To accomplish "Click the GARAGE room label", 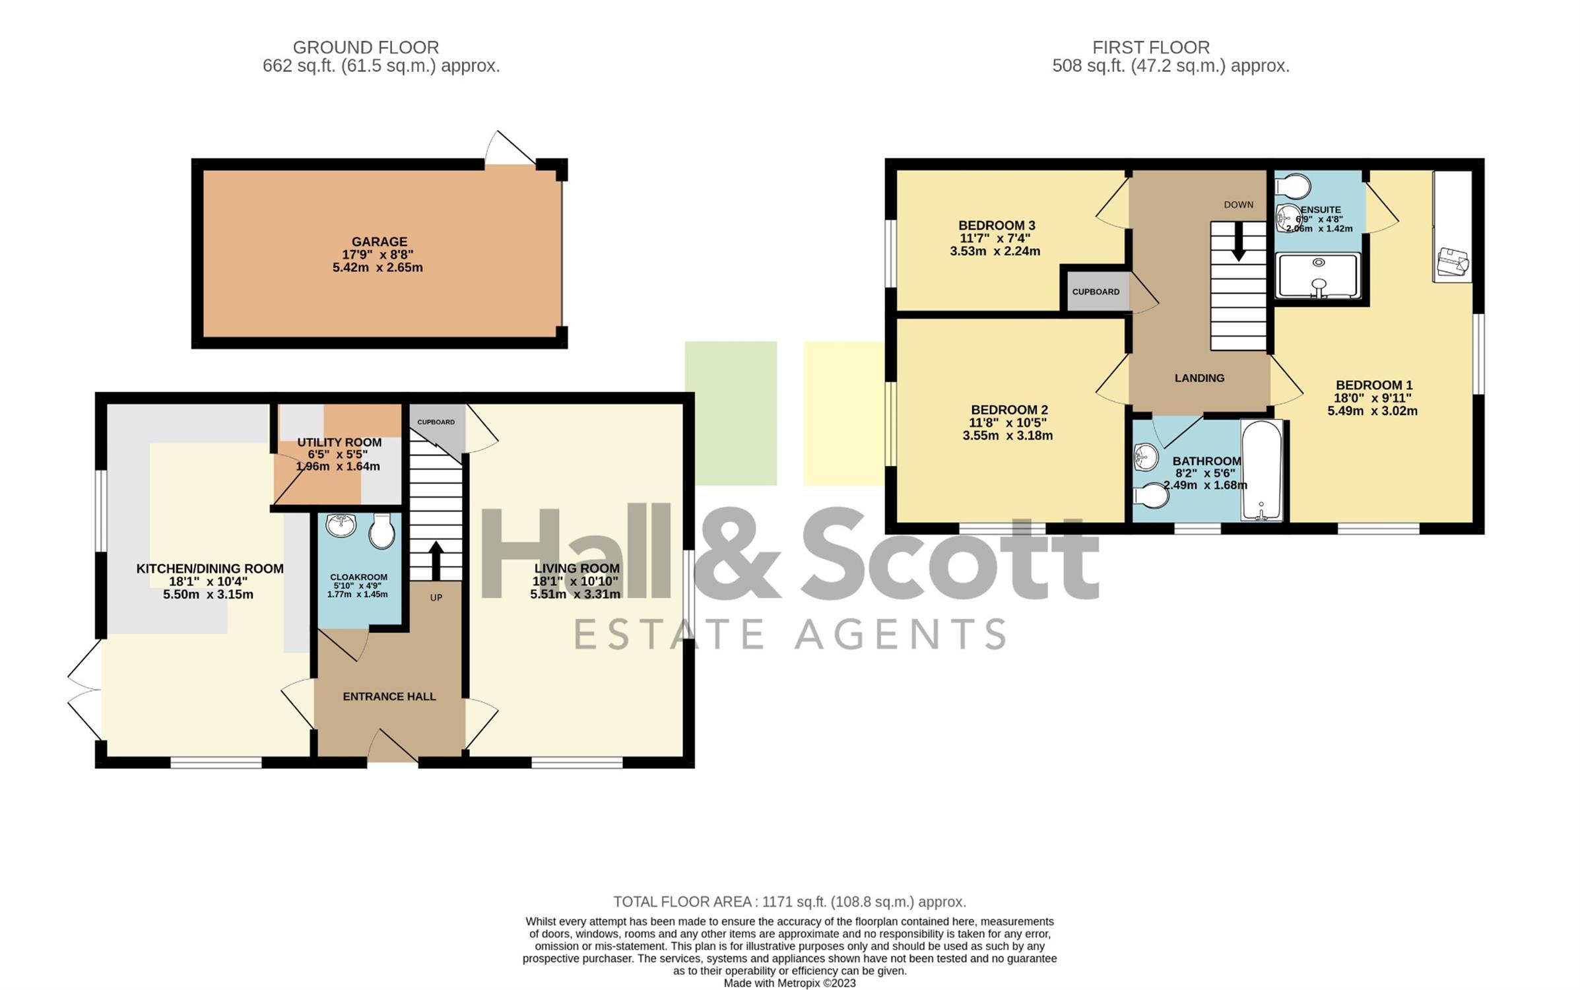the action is coord(379,242).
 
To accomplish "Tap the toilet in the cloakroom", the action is coord(381,531).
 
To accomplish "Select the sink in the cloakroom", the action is coord(341,525).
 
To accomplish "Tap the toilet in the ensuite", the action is coord(1292,186).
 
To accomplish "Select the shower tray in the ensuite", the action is coord(1318,276).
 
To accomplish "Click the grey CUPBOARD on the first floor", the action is coord(1096,291).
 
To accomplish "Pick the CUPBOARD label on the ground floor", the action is coord(436,422).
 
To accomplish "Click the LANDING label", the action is coord(1199,378).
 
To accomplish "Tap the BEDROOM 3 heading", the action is coord(997,226).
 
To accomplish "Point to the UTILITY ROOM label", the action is coord(339,442).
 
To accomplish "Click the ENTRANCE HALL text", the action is coord(389,696).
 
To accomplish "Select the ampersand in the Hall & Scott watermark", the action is coord(738,553).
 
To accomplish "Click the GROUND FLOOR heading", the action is coord(366,48).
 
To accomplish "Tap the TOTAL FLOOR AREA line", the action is coord(789,902).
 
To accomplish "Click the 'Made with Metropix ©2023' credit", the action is coord(789,983).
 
